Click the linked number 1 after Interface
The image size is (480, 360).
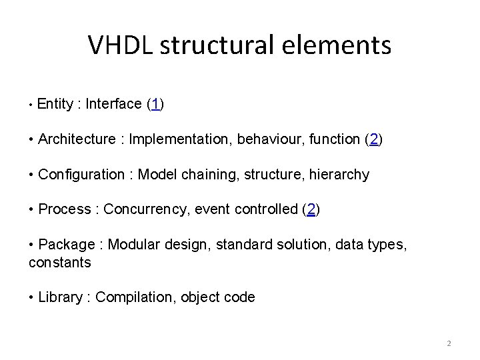coord(155,104)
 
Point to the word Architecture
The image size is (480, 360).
coord(77,139)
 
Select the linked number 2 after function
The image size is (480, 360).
coord(375,139)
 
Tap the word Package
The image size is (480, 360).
coord(67,245)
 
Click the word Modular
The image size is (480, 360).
coord(133,245)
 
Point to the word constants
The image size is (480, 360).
coord(60,262)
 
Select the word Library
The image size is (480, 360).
coord(61,297)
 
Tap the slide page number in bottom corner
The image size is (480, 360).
coord(449,343)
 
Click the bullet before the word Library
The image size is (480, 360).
coord(33,297)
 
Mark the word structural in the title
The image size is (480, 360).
coord(216,45)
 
